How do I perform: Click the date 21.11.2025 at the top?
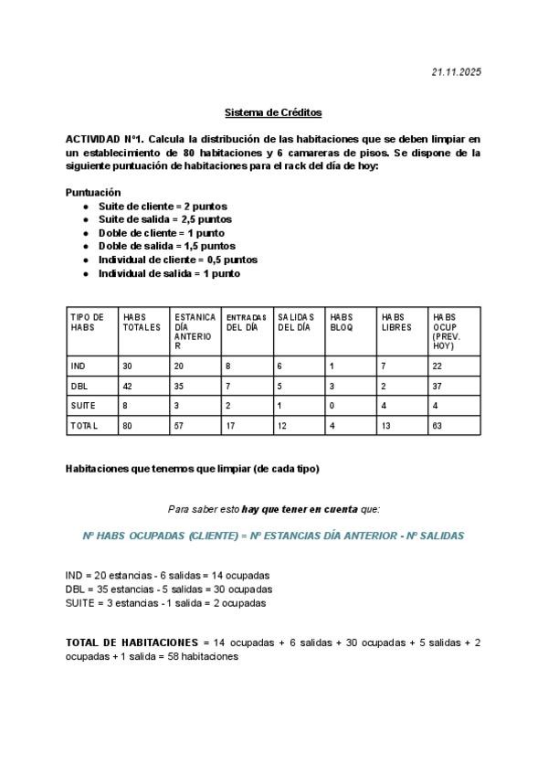tap(457, 72)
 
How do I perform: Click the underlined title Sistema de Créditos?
tap(273, 113)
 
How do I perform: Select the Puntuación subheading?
tap(93, 193)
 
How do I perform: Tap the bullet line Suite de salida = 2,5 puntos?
tap(164, 219)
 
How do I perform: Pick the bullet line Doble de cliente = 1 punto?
tap(161, 233)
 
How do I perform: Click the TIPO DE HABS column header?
tap(88, 322)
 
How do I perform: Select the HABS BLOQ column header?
tap(342, 322)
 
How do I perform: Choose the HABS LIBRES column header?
tap(396, 322)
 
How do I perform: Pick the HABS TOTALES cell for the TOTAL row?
tap(128, 426)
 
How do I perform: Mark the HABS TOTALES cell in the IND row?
tap(128, 366)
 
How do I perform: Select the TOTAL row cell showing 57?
tap(179, 426)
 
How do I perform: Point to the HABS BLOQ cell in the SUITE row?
tap(332, 405)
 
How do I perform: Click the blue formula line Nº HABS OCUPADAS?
tap(273, 536)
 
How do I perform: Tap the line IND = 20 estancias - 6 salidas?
tap(167, 576)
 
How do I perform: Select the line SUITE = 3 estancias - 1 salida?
tap(165, 603)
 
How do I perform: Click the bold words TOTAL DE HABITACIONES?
tap(132, 642)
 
